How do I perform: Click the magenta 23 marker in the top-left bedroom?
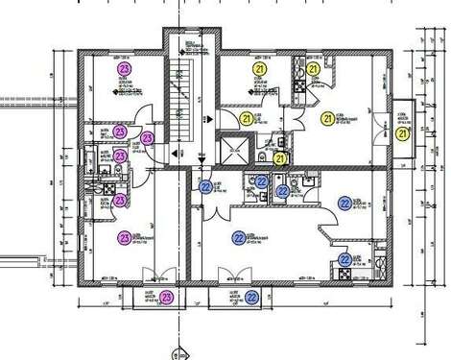[123, 69]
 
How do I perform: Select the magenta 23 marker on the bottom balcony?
[167, 298]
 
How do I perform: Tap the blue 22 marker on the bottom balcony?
[251, 298]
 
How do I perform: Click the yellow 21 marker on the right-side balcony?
[403, 133]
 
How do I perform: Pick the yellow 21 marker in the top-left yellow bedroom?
[258, 69]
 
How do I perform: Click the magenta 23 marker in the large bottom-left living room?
[124, 237]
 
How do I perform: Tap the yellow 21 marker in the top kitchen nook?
[313, 69]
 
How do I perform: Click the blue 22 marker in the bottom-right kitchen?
[344, 258]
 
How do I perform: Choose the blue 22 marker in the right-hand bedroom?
[344, 202]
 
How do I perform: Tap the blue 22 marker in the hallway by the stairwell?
[205, 186]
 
